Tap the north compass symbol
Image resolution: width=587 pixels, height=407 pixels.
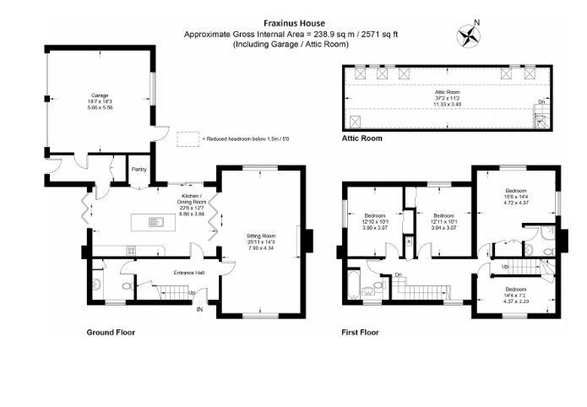[467, 35]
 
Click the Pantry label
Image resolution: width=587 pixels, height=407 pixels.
[139, 169]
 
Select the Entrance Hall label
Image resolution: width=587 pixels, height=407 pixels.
[189, 273]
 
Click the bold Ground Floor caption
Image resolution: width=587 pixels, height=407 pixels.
[111, 332]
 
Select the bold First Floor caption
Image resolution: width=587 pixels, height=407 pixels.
[361, 332]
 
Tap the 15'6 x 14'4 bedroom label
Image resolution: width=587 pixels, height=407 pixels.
[515, 197]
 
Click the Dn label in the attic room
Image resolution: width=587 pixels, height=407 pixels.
[540, 103]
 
